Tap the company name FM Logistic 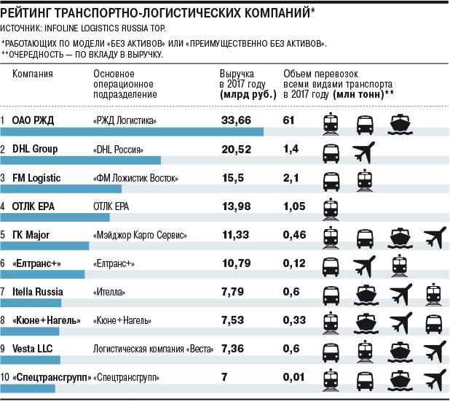pos(36,177)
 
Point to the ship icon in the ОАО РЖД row pos(400,124)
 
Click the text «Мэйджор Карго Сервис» pos(141,236)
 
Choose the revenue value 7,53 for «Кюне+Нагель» pos(234,320)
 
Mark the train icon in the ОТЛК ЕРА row pos(331,209)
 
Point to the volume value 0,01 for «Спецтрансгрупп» pos(293,377)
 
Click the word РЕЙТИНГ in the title pos(30,10)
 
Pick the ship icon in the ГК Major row pos(400,237)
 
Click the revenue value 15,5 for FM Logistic pos(233,177)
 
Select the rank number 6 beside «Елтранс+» pos(4,263)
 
